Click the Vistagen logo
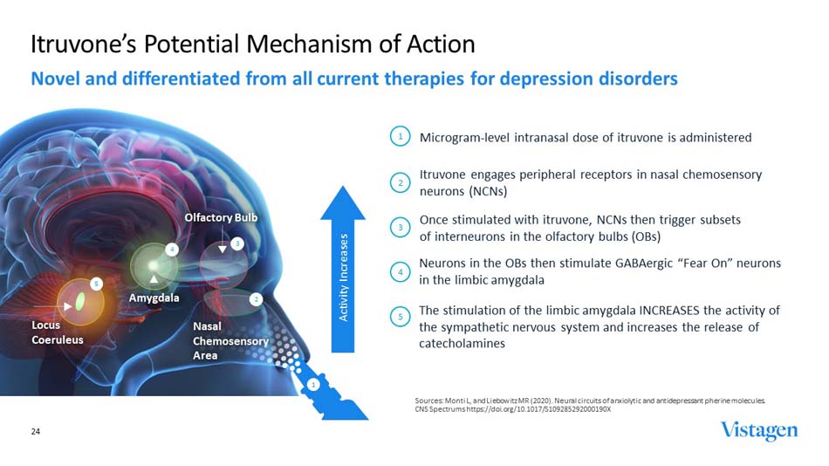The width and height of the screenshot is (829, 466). point(758,431)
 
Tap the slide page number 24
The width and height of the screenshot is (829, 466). point(36,431)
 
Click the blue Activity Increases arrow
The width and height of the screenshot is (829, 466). point(345,271)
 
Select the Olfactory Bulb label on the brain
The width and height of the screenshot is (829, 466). point(221,216)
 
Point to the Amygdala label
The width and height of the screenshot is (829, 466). point(154,298)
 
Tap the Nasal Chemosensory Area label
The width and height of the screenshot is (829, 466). point(230,340)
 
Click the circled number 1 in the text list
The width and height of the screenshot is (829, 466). point(400,137)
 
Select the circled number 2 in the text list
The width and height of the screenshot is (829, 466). point(400,182)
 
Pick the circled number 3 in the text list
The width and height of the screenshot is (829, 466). point(400,228)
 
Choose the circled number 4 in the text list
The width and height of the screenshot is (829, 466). point(400,272)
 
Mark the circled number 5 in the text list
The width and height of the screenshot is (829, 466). point(400,318)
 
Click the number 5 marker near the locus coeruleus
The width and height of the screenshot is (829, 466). point(97,284)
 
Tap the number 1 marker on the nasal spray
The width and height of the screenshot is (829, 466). point(312,384)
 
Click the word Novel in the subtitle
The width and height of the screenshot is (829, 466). point(57,79)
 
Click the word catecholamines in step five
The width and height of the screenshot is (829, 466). point(462,344)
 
